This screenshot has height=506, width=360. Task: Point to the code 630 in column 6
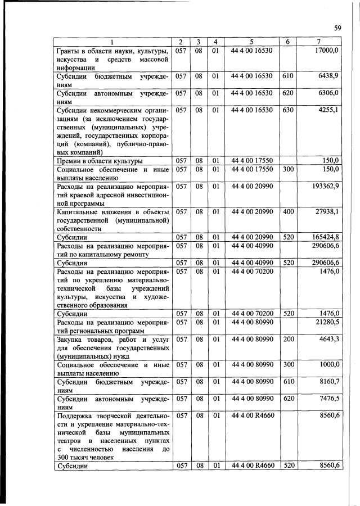point(287,110)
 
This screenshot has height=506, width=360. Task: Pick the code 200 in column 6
point(287,339)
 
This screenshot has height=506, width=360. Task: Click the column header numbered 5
point(251,42)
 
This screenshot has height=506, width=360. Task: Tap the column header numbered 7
point(319,42)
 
